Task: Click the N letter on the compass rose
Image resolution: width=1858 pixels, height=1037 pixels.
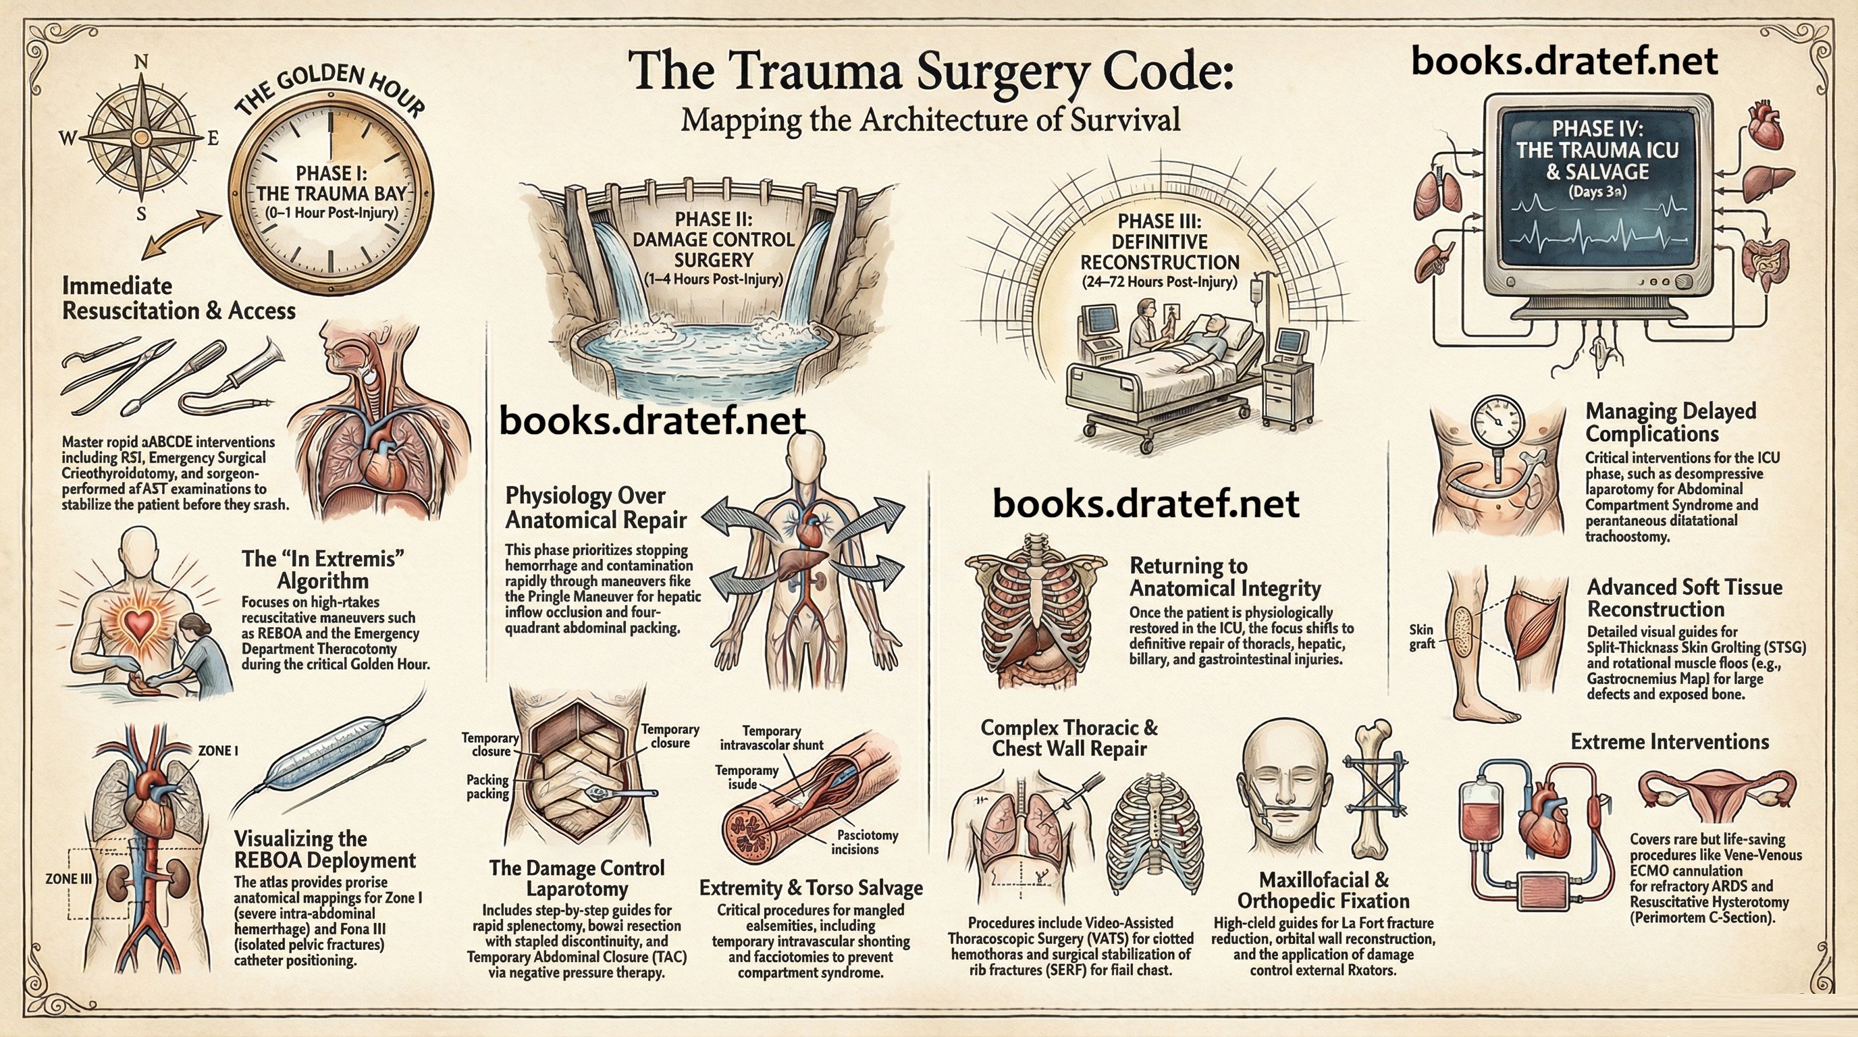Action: point(141,63)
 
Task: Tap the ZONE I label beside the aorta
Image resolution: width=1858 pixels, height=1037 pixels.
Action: point(218,751)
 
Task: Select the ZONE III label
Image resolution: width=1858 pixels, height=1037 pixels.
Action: point(68,878)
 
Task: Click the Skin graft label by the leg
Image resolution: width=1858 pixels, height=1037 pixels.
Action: point(1421,637)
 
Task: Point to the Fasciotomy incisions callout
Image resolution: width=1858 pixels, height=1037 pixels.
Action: point(866,843)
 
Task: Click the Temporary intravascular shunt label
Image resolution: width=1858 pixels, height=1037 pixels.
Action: point(772,738)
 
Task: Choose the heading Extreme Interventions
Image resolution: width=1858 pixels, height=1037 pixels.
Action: point(1669,741)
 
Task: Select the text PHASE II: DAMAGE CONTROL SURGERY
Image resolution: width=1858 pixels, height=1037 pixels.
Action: point(713,240)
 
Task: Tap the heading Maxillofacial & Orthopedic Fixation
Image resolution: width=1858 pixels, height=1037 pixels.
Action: point(1323,890)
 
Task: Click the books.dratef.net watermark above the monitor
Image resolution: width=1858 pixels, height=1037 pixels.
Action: point(1564,61)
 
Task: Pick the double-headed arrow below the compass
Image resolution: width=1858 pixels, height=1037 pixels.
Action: point(181,234)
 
